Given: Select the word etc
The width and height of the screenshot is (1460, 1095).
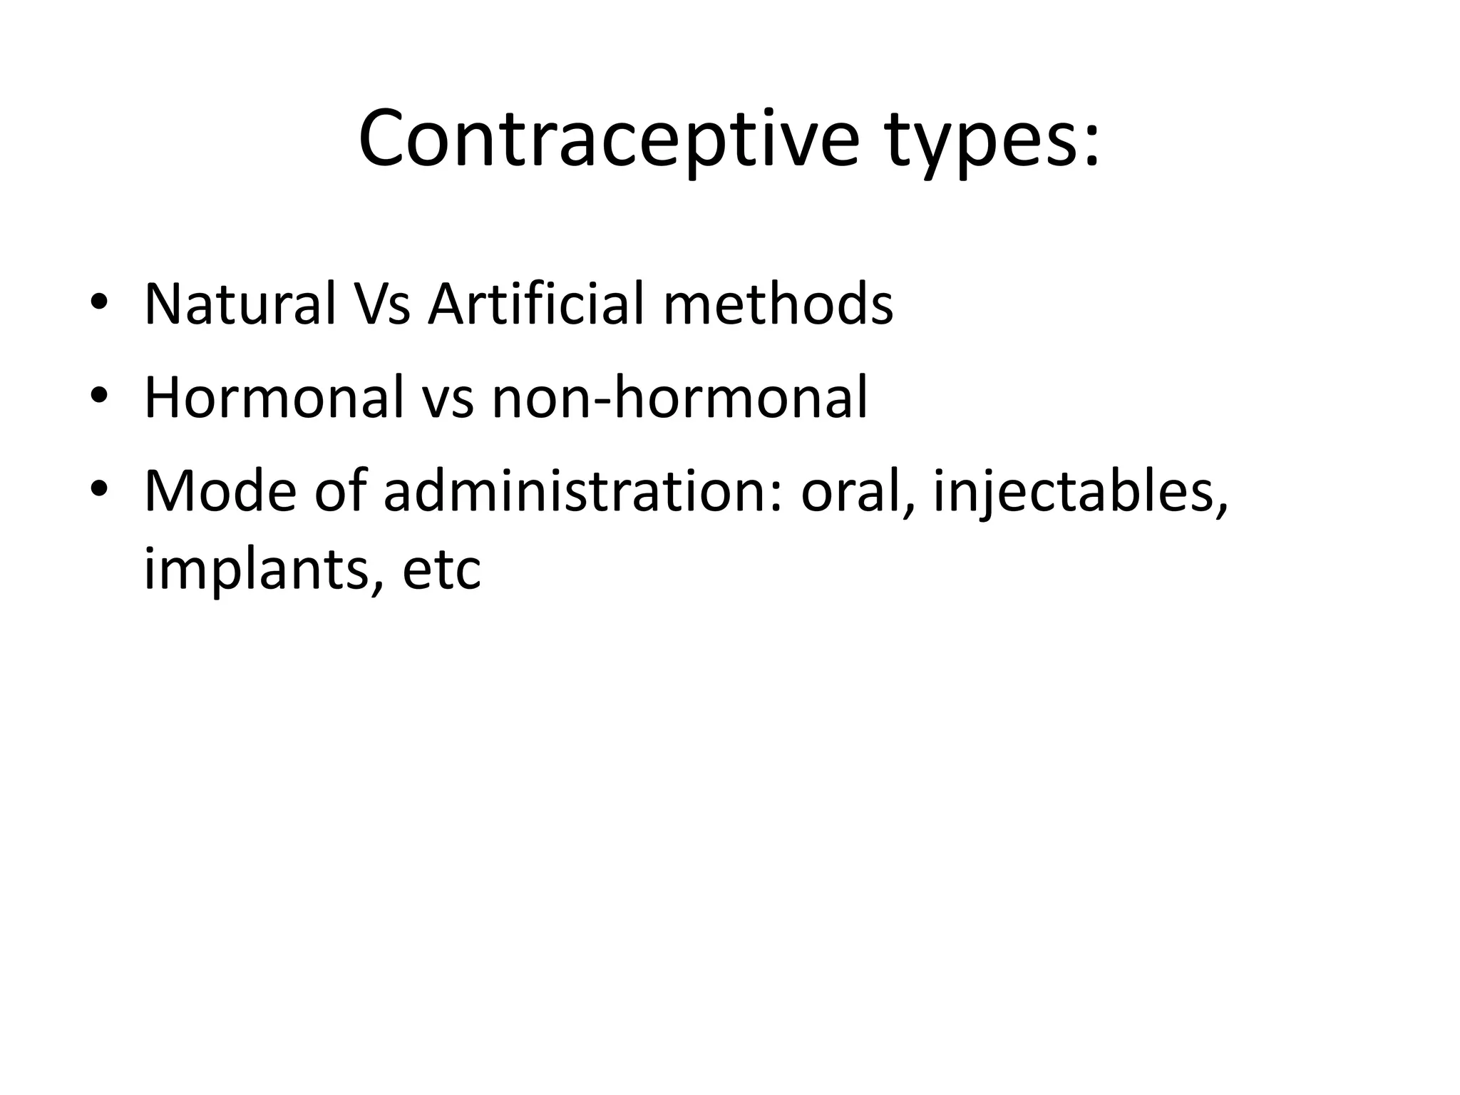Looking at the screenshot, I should [442, 571].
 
